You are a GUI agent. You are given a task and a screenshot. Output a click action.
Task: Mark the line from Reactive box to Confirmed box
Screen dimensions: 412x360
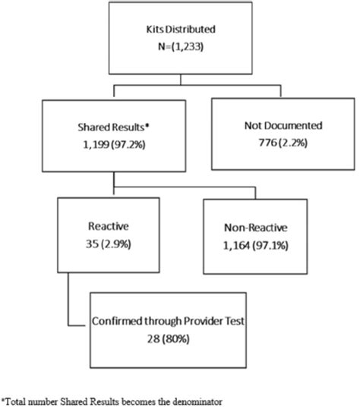[x=70, y=296]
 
